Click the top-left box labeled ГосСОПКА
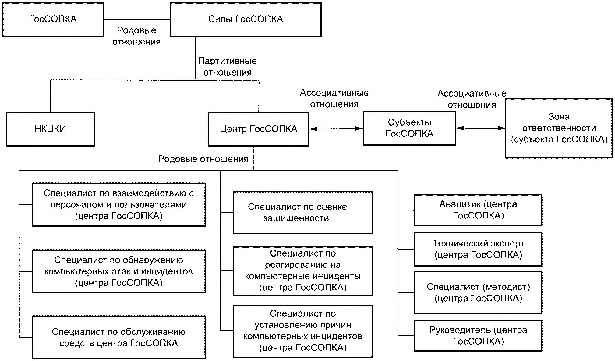click(x=53, y=19)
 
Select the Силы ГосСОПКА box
click(x=246, y=19)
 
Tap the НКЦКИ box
click(x=50, y=129)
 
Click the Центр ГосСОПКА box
click(x=258, y=129)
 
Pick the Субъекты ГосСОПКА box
click(x=409, y=128)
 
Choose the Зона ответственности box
click(x=559, y=128)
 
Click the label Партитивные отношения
click(x=227, y=67)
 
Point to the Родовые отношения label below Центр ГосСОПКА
click(x=203, y=159)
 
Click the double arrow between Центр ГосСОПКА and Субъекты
click(x=336, y=129)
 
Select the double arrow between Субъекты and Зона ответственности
click(x=480, y=128)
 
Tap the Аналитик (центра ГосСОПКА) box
click(x=478, y=210)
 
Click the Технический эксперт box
click(x=478, y=249)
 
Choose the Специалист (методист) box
click(x=478, y=292)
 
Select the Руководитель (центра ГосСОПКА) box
click(x=478, y=335)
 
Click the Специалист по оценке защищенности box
click(x=302, y=212)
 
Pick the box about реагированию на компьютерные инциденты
click(x=302, y=271)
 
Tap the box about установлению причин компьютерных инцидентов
click(x=302, y=331)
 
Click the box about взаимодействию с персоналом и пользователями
click(x=118, y=204)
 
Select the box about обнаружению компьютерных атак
click(x=118, y=271)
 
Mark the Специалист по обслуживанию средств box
click(x=118, y=337)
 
